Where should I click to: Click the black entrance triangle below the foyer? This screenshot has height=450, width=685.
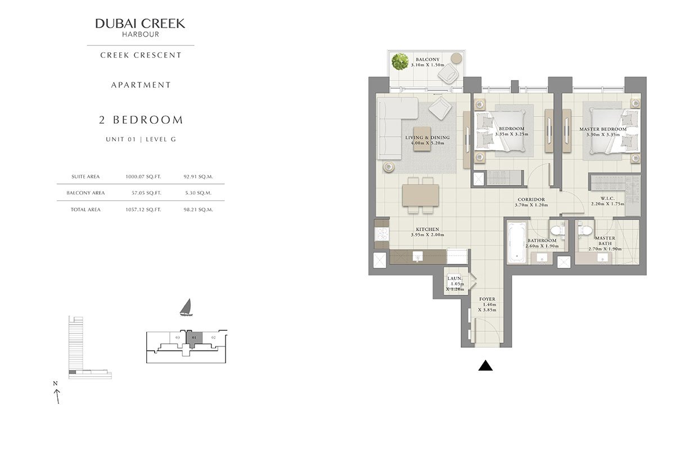pyautogui.click(x=485, y=366)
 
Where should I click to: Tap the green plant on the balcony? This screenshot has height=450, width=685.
pyautogui.click(x=400, y=61)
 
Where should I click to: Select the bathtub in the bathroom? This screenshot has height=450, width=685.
pyautogui.click(x=517, y=242)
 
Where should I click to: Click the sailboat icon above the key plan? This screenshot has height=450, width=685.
pyautogui.click(x=186, y=307)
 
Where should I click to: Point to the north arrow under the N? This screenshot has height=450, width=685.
pyautogui.click(x=57, y=397)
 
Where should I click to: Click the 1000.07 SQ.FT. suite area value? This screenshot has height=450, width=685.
pyautogui.click(x=143, y=177)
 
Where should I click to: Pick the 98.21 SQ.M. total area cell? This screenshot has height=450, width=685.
pyautogui.click(x=198, y=210)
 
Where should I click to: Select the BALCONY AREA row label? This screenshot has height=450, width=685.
pyautogui.click(x=85, y=193)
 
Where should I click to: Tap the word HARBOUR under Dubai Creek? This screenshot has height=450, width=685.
pyautogui.click(x=141, y=34)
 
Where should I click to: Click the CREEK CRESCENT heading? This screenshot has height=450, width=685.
pyautogui.click(x=141, y=55)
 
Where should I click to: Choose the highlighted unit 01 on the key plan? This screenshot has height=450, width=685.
pyautogui.click(x=194, y=338)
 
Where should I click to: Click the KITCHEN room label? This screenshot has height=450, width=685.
pyautogui.click(x=427, y=229)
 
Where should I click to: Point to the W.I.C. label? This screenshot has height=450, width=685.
pyautogui.click(x=607, y=199)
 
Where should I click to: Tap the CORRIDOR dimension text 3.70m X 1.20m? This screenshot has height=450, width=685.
pyautogui.click(x=531, y=205)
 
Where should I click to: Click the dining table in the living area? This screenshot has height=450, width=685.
pyautogui.click(x=421, y=195)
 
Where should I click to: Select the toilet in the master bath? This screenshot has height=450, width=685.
pyautogui.click(x=584, y=230)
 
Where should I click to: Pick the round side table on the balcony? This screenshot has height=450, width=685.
pyautogui.click(x=457, y=58)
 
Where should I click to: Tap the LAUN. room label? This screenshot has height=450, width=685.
pyautogui.click(x=455, y=278)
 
